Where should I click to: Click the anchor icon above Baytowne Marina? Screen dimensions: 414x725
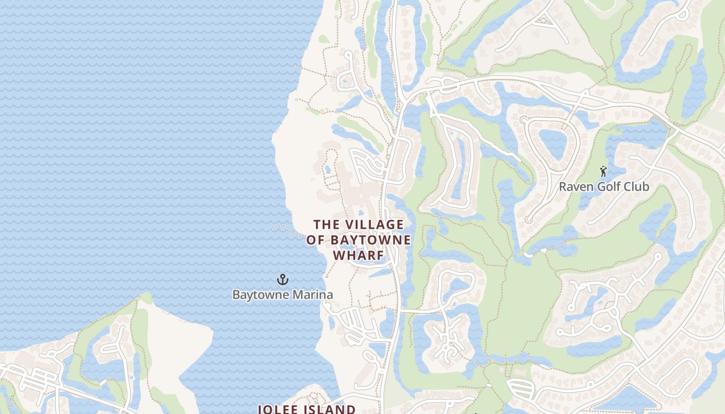[x=282, y=280]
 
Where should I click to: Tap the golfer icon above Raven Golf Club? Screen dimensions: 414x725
[x=603, y=171]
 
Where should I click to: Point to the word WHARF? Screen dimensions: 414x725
[x=358, y=256]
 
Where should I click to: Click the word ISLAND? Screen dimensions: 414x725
[x=330, y=409]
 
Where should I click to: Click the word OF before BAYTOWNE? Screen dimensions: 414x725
[x=315, y=240]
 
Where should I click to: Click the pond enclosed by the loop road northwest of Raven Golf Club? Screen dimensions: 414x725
[x=553, y=143]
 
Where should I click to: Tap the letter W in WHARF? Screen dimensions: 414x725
[x=339, y=256]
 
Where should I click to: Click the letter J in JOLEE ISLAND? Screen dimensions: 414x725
[x=260, y=409]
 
